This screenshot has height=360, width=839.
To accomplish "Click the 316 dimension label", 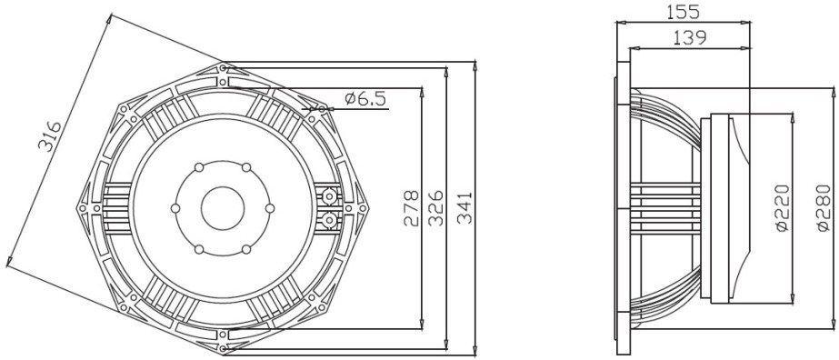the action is pyautogui.click(x=49, y=135).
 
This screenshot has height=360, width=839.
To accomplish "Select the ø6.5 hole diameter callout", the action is pyautogui.click(x=366, y=98).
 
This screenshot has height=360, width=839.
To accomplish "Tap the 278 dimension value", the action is pyautogui.click(x=411, y=208).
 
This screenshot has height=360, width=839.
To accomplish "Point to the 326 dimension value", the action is pyautogui.click(x=436, y=207).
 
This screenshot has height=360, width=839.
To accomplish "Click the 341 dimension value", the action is pyautogui.click(x=464, y=207).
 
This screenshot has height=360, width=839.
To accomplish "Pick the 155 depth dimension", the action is pyautogui.click(x=683, y=11).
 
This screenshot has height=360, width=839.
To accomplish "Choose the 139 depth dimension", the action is pyautogui.click(x=690, y=37).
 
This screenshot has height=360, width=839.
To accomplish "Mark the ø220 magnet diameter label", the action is pyautogui.click(x=782, y=207).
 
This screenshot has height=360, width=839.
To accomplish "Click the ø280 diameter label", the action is pyautogui.click(x=824, y=207).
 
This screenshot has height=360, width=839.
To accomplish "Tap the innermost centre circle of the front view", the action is pyautogui.click(x=223, y=208).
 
